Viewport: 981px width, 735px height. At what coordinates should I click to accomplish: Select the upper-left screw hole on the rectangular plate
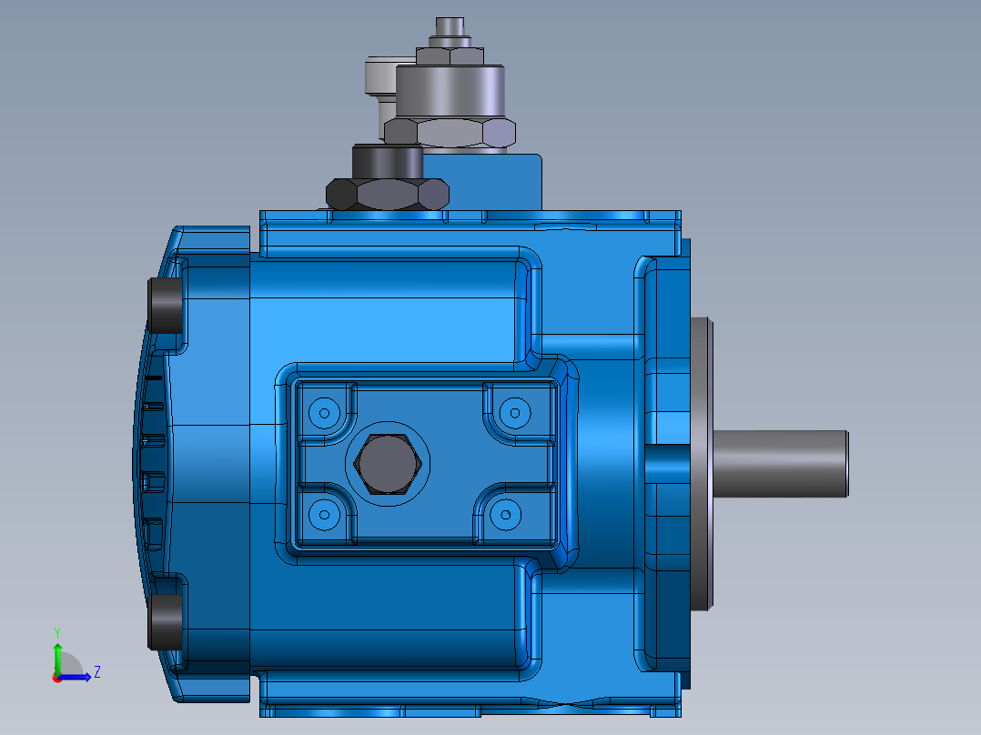tap(323, 413)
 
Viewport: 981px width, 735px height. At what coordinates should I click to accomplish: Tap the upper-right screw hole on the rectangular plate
tap(514, 412)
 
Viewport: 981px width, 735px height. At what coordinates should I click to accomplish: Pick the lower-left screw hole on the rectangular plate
tap(323, 515)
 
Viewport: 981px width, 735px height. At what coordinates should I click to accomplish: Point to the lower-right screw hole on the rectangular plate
tap(504, 515)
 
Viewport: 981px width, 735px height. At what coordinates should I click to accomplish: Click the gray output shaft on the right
tap(783, 464)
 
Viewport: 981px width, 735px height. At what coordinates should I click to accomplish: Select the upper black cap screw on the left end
tap(166, 306)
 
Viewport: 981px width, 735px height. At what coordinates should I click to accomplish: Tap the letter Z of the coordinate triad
tap(96, 672)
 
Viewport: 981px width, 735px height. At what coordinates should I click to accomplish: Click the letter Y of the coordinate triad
tap(56, 631)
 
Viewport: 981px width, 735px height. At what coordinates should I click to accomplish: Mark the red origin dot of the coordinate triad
tap(56, 678)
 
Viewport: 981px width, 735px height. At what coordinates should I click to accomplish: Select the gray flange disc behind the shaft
tap(702, 464)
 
